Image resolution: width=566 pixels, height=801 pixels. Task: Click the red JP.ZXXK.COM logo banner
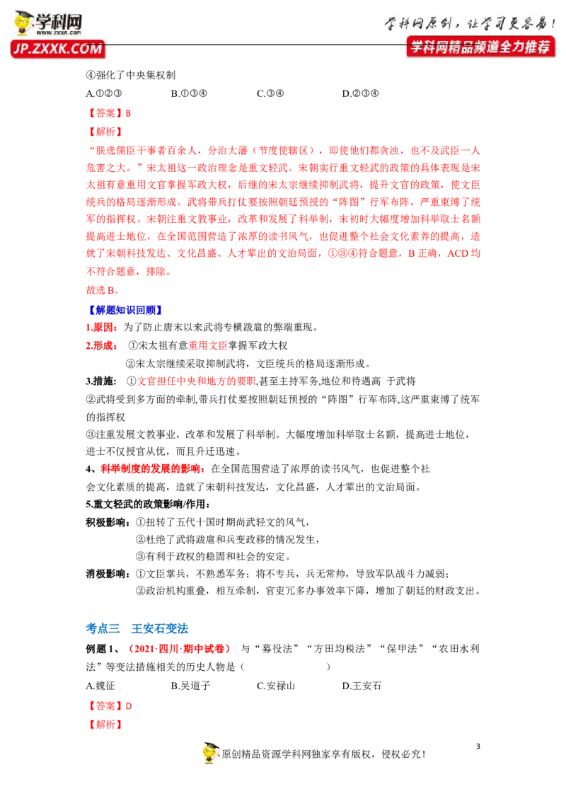coord(58,49)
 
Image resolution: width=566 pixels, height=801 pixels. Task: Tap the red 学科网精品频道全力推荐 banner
coord(480,47)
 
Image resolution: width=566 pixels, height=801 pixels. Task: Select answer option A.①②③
coord(104,93)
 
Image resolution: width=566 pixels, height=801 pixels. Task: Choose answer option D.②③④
coord(360,93)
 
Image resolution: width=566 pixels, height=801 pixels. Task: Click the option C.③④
coord(270,93)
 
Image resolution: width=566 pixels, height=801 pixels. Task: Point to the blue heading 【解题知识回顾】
coord(125,310)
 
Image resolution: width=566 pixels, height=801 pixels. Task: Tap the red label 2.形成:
coord(102,346)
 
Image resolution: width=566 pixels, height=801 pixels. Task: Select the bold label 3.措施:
coord(101,381)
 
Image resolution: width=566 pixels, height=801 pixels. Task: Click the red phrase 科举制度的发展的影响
coord(151,469)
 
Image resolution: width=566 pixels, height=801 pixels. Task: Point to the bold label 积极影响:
coord(108,522)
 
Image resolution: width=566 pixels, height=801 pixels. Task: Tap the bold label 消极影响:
coord(108,574)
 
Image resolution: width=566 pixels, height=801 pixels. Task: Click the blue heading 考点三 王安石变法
coord(137,629)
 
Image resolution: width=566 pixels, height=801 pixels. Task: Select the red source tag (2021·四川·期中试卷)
coord(179,649)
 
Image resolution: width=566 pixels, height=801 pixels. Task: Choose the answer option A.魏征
coord(100,686)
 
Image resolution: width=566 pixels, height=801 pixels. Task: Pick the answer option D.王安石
coord(361,686)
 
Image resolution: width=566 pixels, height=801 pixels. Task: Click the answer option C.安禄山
coord(276,686)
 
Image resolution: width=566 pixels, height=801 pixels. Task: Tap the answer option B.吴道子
coord(190,686)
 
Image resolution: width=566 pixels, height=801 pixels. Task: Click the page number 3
coord(478,747)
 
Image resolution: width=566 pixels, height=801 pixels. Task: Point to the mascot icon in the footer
coord(210,753)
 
